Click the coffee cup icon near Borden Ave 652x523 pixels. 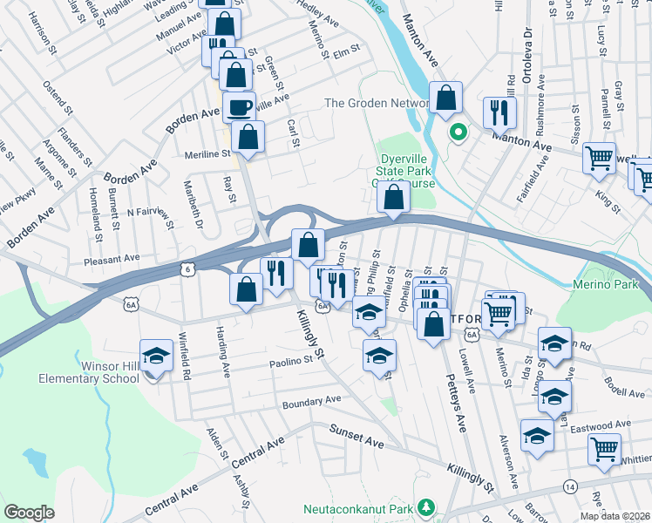239,108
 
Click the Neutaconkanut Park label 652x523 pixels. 357,507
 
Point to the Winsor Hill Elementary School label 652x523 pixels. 88,371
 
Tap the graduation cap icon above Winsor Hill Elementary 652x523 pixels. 156,354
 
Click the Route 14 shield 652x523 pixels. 570,485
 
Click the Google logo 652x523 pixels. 30,512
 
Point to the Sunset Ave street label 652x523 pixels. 356,436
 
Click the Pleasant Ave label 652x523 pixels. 112,259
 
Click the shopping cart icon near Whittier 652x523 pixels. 603,449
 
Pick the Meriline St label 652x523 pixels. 207,154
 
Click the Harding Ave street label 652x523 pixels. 224,359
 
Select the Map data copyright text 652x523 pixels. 614,516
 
